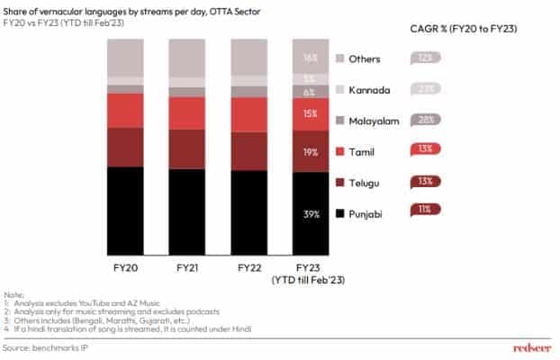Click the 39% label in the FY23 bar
(x=310, y=213)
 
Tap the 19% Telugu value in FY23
(x=310, y=152)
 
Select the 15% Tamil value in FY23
(x=310, y=113)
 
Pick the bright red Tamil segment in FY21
(x=199, y=112)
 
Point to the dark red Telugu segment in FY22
(x=261, y=151)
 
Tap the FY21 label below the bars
(x=199, y=267)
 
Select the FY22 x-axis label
(x=261, y=267)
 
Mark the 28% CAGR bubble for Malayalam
(x=423, y=120)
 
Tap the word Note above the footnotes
(x=14, y=294)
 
